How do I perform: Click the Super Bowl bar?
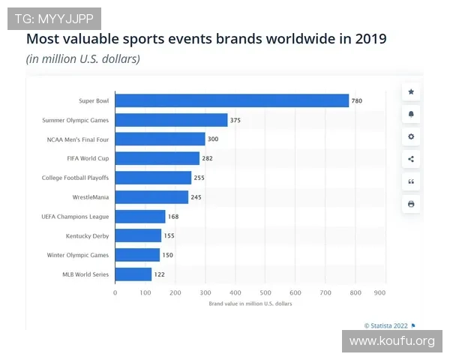tap(232, 100)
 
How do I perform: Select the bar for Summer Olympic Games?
tap(171, 120)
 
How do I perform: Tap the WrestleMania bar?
tap(151, 197)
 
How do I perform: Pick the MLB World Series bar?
tap(133, 274)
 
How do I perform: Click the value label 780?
tap(357, 100)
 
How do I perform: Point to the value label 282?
tap(208, 158)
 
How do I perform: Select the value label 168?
tap(174, 217)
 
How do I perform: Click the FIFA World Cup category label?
tap(88, 158)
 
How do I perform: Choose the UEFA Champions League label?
tap(75, 217)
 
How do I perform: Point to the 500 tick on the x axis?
tap(265, 292)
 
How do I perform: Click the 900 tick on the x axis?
tap(379, 292)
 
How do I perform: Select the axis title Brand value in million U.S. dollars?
tap(250, 304)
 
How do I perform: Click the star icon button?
tap(411, 91)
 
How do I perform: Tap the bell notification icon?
tap(411, 114)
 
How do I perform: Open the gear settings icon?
tap(411, 136)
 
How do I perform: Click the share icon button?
tap(411, 159)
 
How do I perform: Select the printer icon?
tap(411, 204)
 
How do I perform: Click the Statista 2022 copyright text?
tap(386, 325)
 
